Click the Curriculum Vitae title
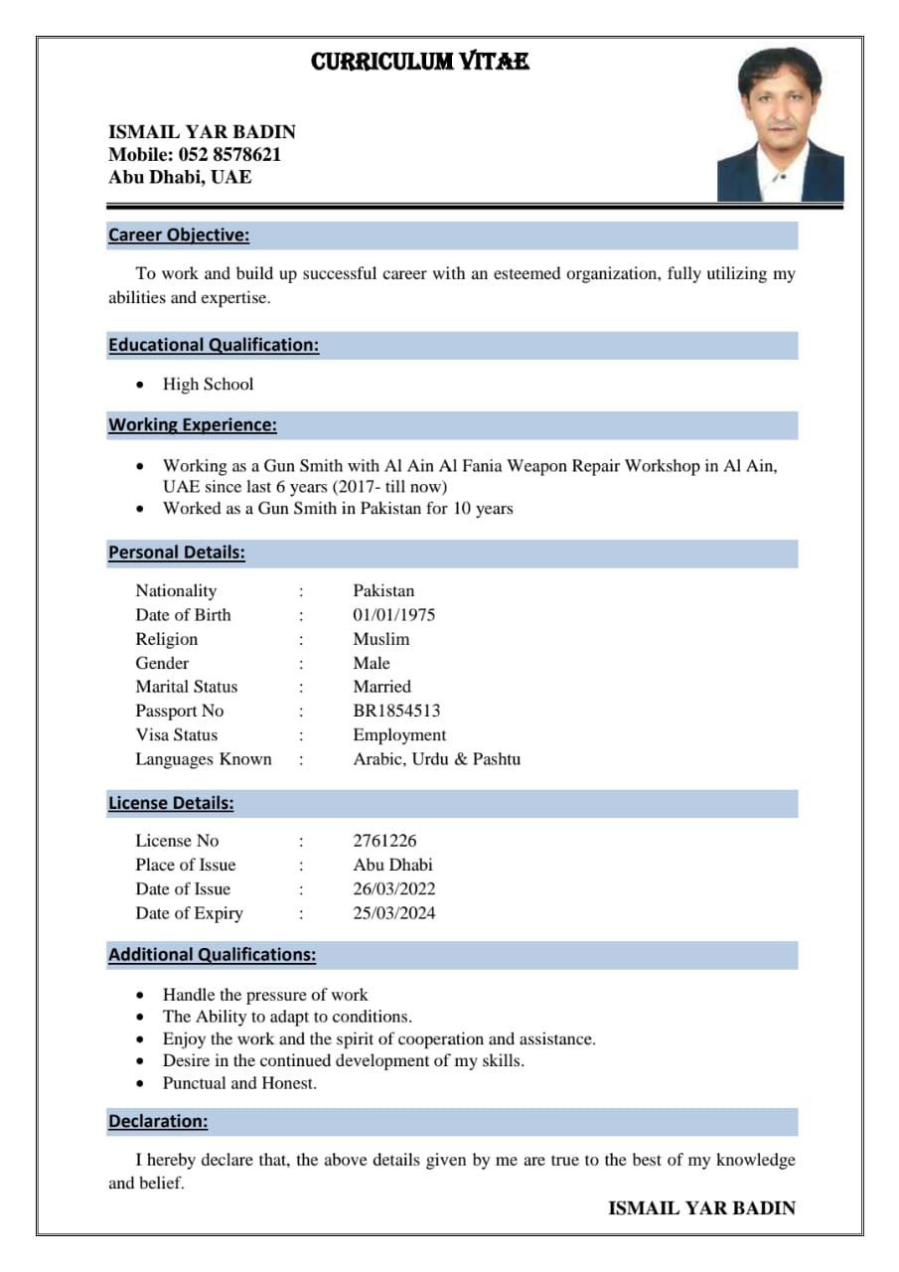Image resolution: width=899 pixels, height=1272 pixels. [420, 63]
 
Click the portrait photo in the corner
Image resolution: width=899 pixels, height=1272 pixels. [780, 125]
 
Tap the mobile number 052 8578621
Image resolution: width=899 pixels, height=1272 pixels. [229, 155]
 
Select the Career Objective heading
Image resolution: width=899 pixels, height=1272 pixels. [179, 236]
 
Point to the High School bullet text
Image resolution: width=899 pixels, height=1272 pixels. [209, 385]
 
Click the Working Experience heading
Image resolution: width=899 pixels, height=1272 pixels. [193, 425]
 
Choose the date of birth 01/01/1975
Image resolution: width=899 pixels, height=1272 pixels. [394, 615]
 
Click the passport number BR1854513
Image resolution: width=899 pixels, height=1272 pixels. [396, 712]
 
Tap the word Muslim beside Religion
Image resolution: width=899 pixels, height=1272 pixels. [381, 639]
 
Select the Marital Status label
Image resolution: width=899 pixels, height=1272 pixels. [187, 687]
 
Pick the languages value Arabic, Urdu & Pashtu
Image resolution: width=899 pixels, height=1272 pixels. [437, 759]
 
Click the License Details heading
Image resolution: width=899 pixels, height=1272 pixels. [171, 804]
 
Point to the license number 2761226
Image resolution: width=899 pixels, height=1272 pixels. [385, 841]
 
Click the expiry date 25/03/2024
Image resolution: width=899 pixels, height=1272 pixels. [394, 913]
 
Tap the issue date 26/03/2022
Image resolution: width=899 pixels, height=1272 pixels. [394, 889]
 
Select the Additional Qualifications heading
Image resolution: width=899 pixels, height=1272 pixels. [213, 955]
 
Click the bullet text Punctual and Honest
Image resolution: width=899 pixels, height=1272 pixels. [240, 1083]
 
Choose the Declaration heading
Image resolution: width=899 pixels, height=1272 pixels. [158, 1122]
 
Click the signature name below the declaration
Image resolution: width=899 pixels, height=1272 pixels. [701, 1208]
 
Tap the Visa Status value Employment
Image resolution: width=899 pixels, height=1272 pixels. [399, 735]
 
